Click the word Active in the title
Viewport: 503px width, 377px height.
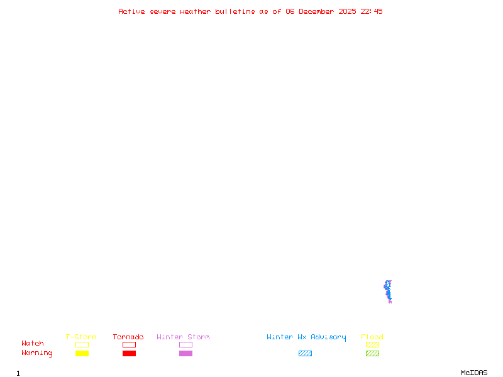point(132,11)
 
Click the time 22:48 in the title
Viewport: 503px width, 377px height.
point(372,11)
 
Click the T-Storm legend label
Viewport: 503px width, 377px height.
point(81,337)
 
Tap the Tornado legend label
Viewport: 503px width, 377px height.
point(128,337)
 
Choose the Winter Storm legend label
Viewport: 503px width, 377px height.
point(183,337)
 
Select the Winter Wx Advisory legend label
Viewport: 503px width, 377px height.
point(306,337)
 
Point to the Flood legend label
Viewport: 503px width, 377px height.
point(372,337)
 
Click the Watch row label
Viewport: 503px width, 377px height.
point(33,344)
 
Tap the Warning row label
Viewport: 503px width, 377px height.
point(37,353)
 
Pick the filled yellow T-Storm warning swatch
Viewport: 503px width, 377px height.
point(82,354)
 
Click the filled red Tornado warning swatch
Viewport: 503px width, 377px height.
point(129,354)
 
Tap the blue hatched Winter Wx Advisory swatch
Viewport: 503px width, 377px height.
point(305,354)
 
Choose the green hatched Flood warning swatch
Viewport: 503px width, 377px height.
point(372,354)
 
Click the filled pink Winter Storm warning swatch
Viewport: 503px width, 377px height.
point(185,354)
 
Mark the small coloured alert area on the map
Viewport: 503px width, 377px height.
point(388,292)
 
